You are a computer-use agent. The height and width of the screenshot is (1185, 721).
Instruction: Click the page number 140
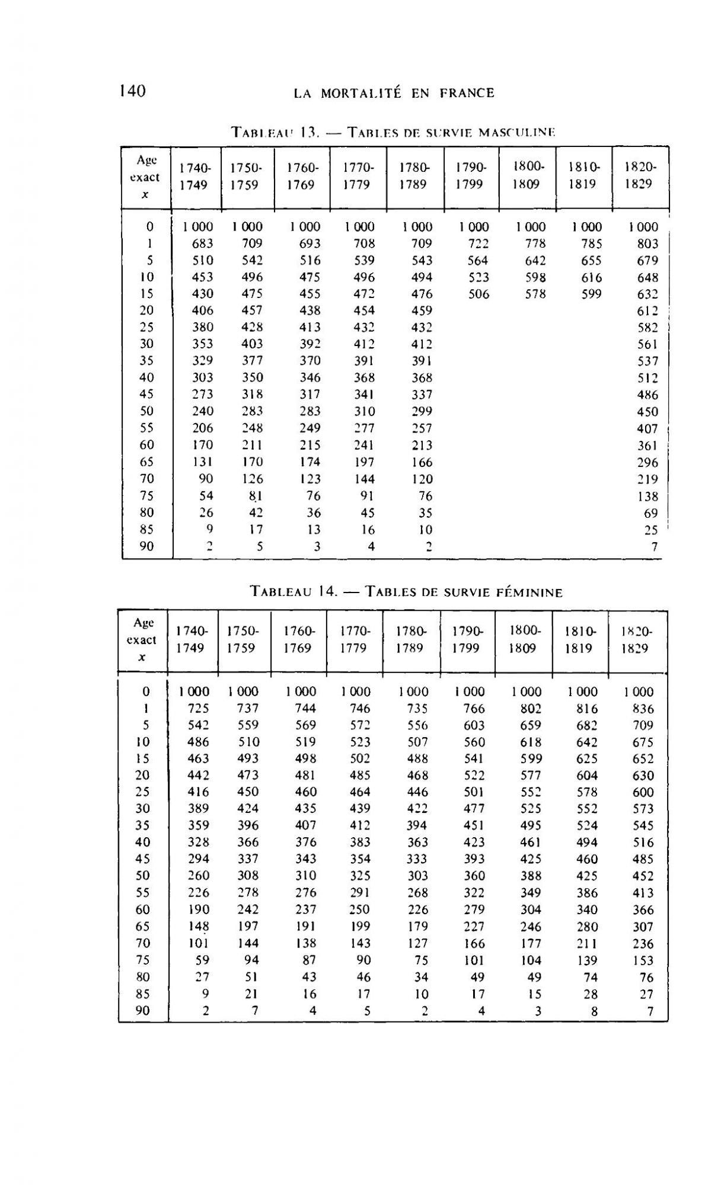click(x=132, y=91)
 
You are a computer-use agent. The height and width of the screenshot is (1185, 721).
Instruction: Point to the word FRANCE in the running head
click(x=467, y=93)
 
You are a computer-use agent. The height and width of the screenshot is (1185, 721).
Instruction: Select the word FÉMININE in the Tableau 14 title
click(x=524, y=591)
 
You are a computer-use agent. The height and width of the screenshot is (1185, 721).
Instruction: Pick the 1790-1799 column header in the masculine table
click(x=471, y=175)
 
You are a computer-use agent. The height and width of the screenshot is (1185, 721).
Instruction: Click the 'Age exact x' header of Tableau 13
click(x=147, y=177)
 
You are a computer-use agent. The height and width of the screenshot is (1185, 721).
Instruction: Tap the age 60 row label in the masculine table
click(x=146, y=445)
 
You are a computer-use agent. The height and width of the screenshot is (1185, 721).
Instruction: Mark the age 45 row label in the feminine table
click(x=143, y=859)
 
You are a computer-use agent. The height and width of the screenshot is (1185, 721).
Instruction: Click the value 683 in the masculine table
click(x=202, y=244)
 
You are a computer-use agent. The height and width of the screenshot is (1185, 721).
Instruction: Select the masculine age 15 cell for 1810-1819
click(x=591, y=294)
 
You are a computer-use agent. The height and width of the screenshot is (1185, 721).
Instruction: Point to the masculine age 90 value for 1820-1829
click(x=654, y=547)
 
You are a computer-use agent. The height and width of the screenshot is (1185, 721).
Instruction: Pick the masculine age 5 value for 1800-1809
click(x=535, y=260)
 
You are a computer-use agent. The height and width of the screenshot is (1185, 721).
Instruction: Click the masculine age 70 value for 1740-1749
click(x=205, y=479)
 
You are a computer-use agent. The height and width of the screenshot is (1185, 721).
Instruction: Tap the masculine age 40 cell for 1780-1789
click(x=421, y=377)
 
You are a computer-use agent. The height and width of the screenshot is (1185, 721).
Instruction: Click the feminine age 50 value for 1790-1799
click(x=474, y=876)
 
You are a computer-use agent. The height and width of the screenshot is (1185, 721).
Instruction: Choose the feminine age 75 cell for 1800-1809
click(x=531, y=960)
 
